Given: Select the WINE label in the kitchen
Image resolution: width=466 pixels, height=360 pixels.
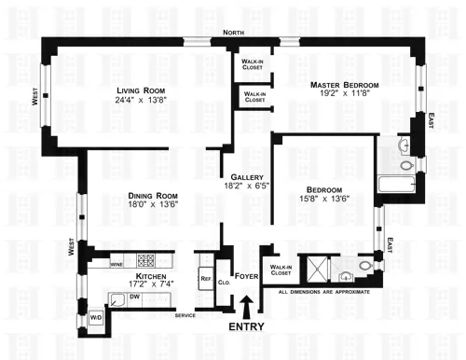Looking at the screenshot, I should (118, 265).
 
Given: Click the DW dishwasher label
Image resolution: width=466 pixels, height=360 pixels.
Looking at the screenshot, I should (136, 298).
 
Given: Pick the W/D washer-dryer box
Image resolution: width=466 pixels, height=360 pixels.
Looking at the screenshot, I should (95, 318).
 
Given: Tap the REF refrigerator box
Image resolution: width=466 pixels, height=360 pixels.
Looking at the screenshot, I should (205, 277).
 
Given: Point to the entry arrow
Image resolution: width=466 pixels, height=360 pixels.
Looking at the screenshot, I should (246, 304).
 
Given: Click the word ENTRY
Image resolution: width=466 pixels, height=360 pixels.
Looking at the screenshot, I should (246, 326).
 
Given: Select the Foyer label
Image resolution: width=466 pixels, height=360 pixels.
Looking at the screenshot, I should (247, 276).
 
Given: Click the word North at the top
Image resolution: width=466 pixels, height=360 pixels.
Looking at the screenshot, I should (234, 33).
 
